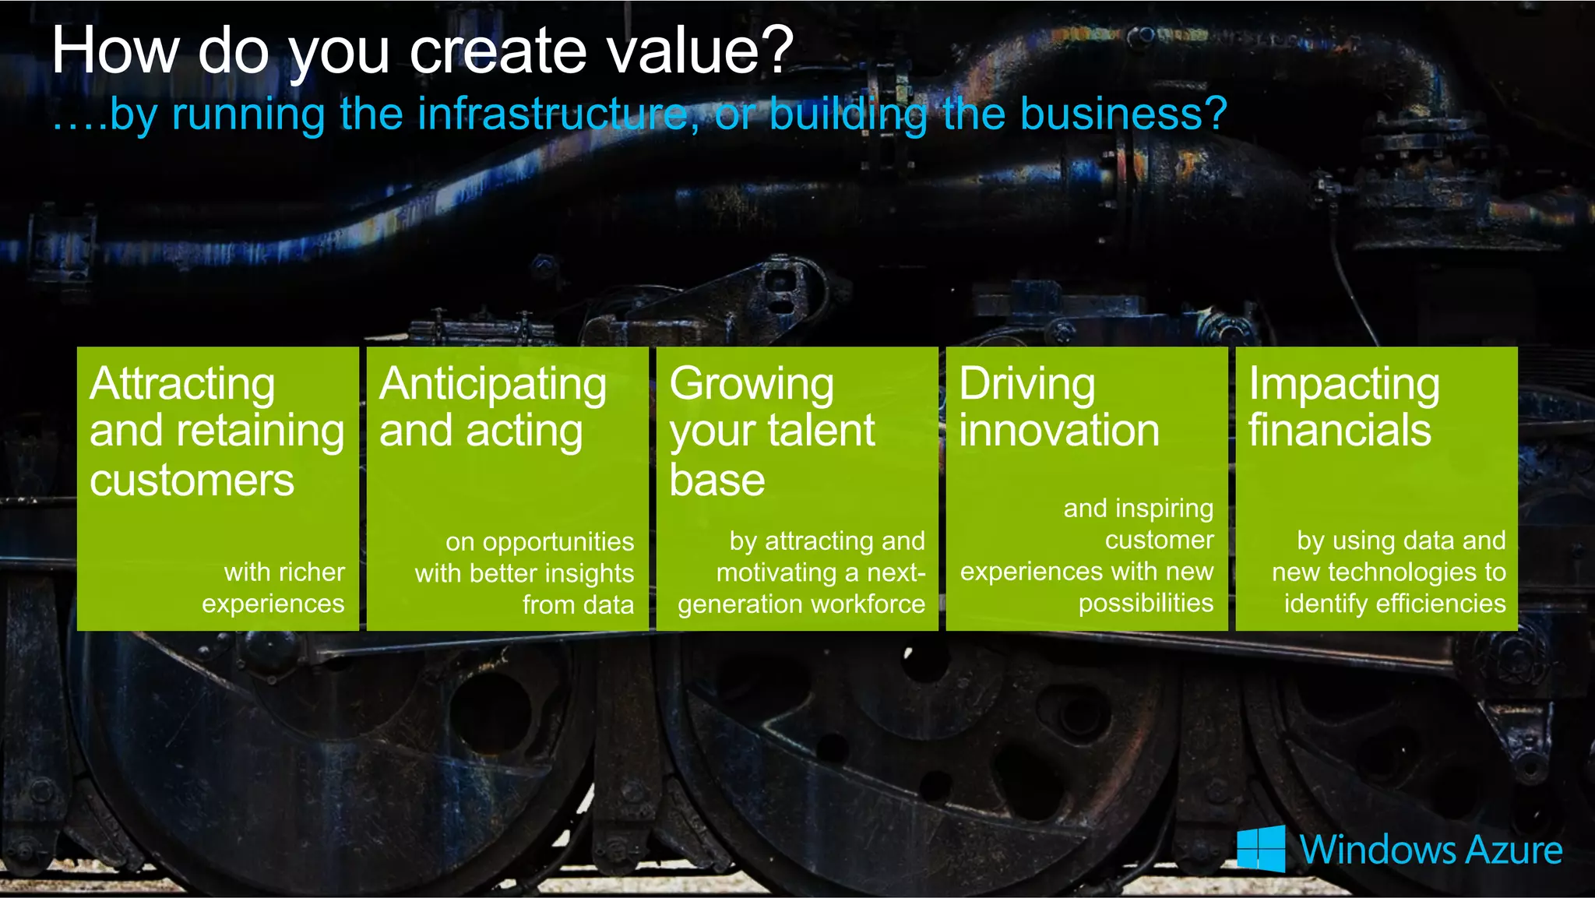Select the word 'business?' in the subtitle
tap(1123, 114)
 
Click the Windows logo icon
tap(1261, 848)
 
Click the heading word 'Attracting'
tap(182, 385)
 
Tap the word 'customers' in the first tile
tap(192, 480)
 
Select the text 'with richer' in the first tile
tap(284, 572)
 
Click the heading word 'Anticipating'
tap(492, 385)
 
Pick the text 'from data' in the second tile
tap(578, 604)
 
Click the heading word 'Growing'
tap(752, 385)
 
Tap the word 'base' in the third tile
tap(717, 480)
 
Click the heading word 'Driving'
tap(1026, 385)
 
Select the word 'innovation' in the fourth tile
tap(1059, 431)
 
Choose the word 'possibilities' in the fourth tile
tap(1146, 603)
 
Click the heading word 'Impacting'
tap(1344, 385)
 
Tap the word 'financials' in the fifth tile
tap(1340, 431)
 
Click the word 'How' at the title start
tap(115, 51)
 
